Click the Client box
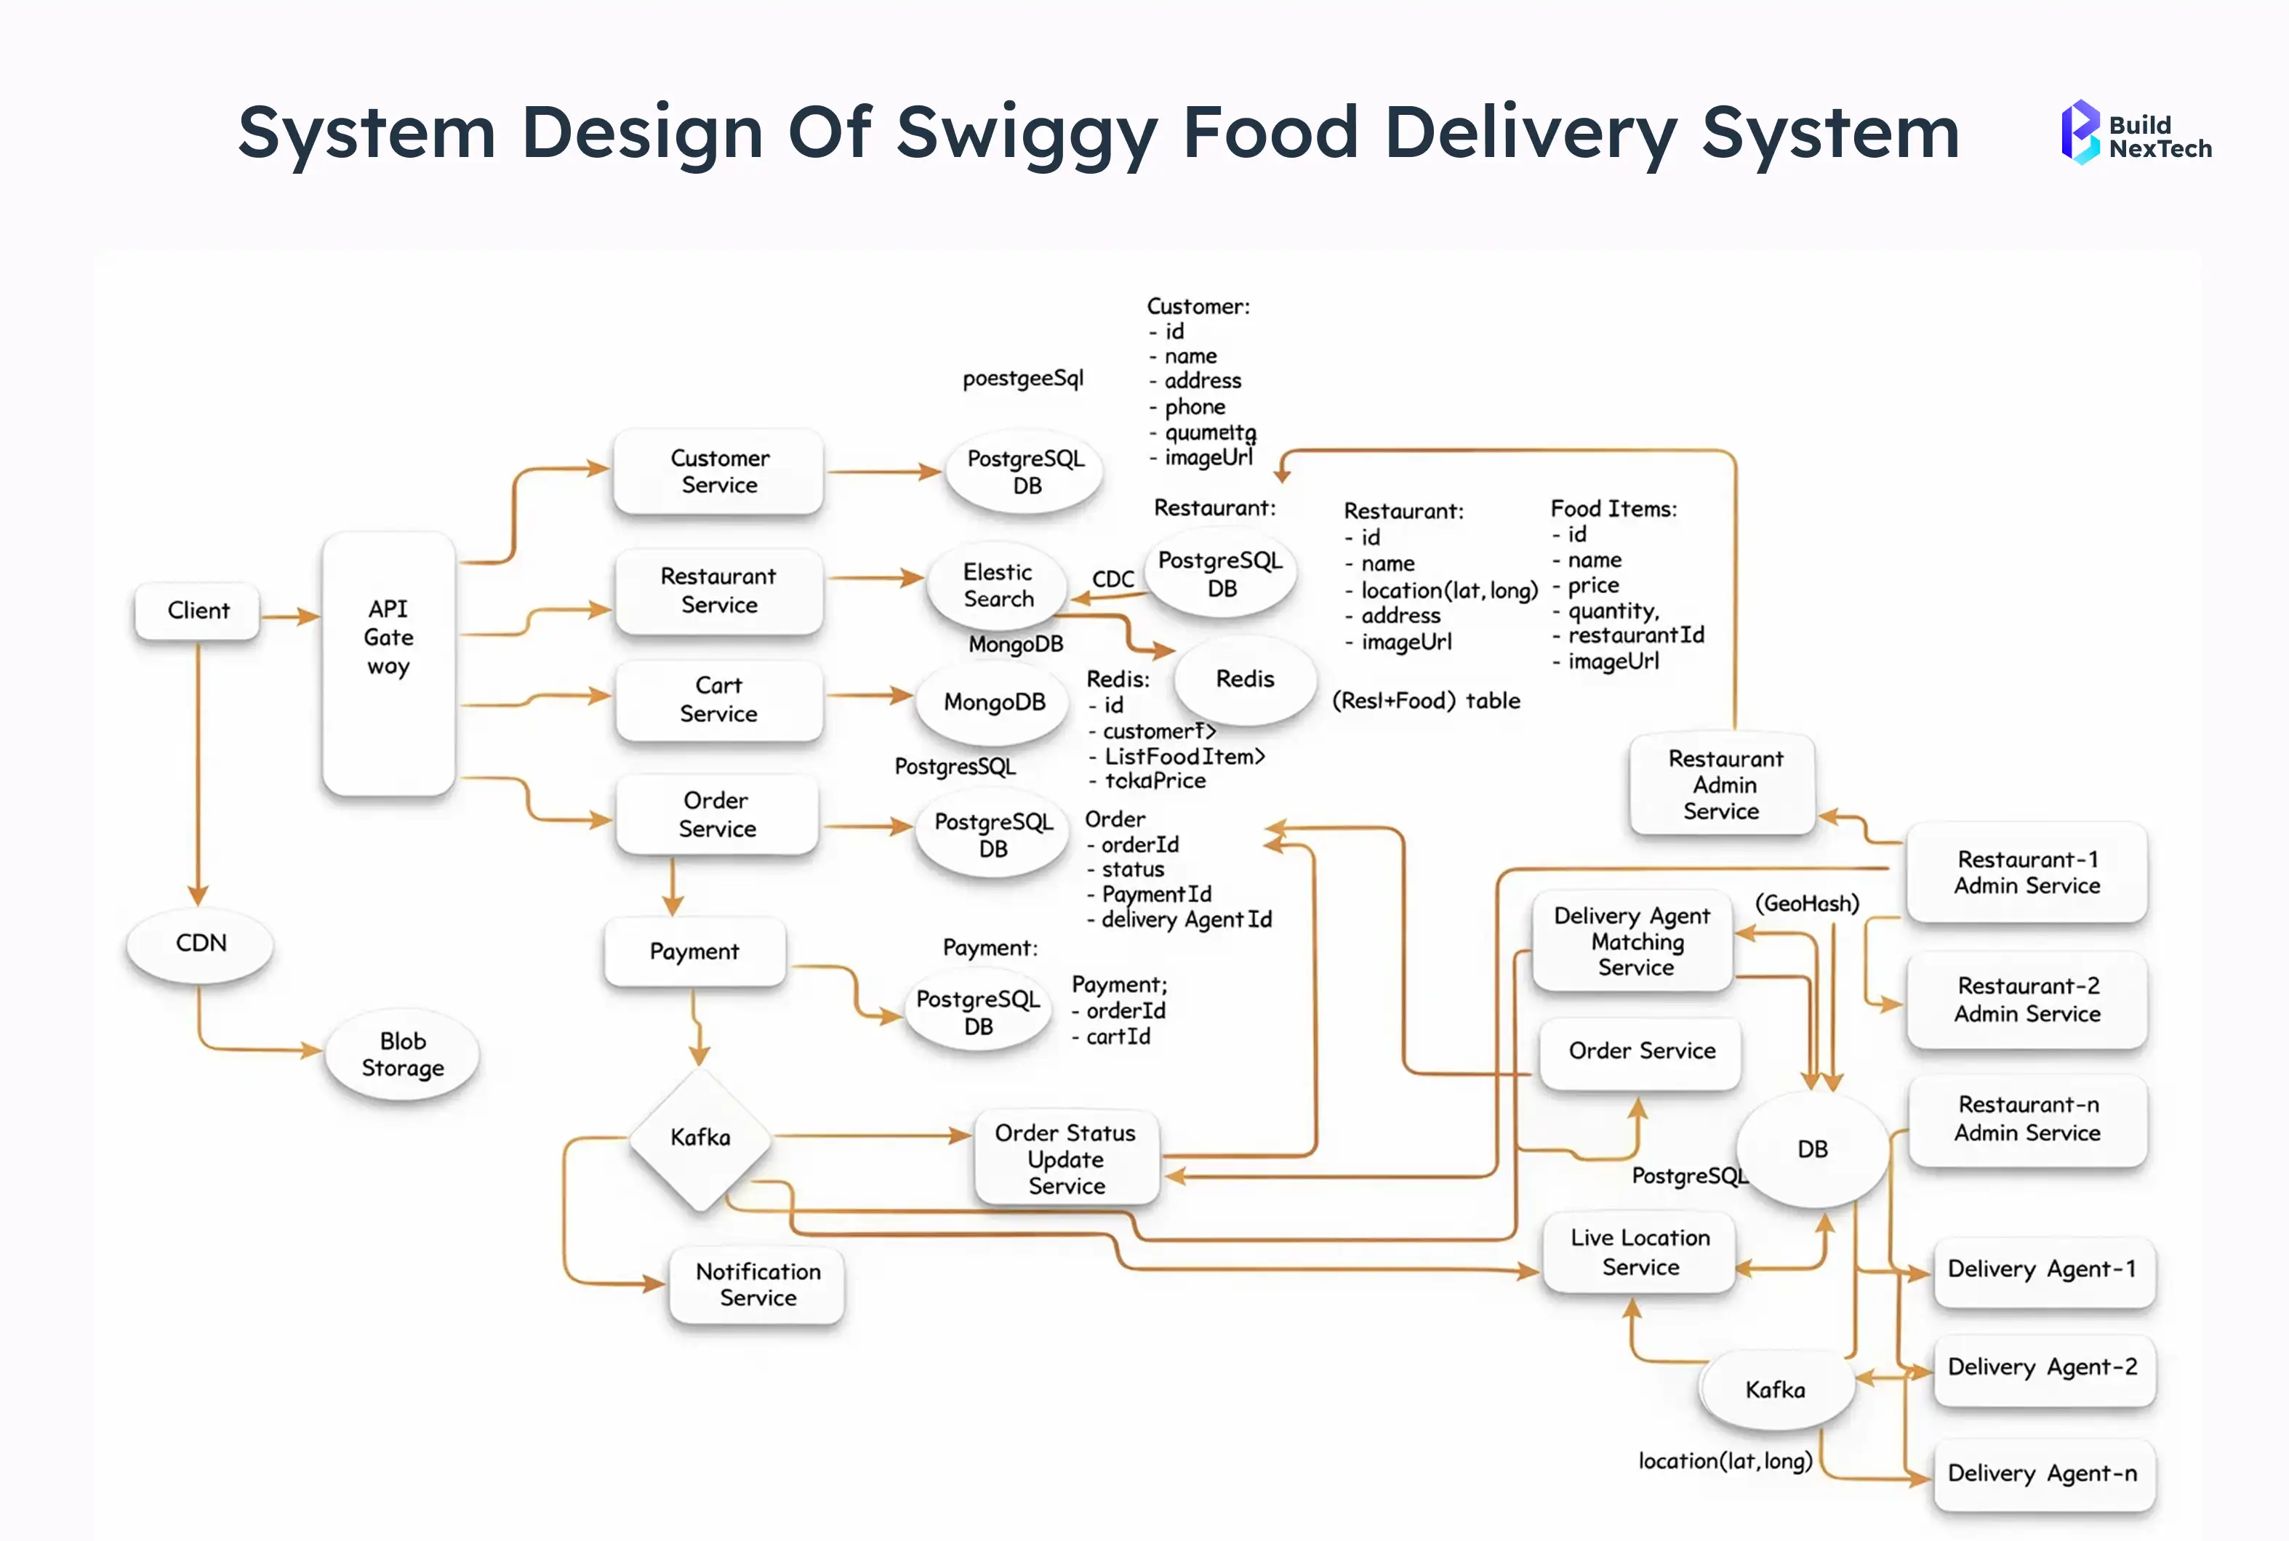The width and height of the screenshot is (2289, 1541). tap(198, 611)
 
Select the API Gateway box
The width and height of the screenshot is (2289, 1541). tap(388, 664)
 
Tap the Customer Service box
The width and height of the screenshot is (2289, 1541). tap(718, 472)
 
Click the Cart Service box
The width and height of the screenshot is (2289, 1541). tap(718, 700)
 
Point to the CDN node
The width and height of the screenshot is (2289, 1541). tap(201, 943)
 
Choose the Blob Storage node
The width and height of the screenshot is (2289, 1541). tap(402, 1055)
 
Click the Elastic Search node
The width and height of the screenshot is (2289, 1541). tap(998, 586)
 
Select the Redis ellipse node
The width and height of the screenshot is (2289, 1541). tap(1244, 679)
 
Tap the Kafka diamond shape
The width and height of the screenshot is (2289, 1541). tap(699, 1138)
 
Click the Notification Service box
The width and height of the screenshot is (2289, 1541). tap(757, 1284)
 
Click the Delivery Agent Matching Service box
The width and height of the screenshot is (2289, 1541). tap(1632, 941)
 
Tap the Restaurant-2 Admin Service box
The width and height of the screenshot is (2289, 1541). tap(2027, 999)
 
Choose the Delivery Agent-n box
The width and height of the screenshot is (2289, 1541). tap(2043, 1473)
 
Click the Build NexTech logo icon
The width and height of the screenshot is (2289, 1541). tap(2080, 132)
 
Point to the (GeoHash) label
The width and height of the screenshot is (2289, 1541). tap(1806, 904)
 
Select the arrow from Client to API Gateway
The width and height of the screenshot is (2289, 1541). tap(291, 616)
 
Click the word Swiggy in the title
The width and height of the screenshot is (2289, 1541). tap(1026, 133)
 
